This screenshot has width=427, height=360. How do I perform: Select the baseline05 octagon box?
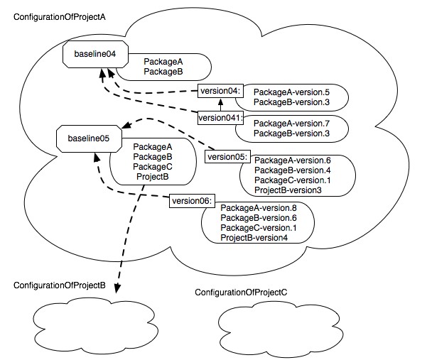89,138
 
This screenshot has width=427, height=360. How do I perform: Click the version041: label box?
221,118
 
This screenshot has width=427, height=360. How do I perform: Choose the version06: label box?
191,201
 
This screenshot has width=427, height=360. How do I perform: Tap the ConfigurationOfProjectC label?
241,292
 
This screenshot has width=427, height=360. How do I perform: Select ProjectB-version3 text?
288,191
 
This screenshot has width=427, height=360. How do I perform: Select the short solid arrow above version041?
221,105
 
